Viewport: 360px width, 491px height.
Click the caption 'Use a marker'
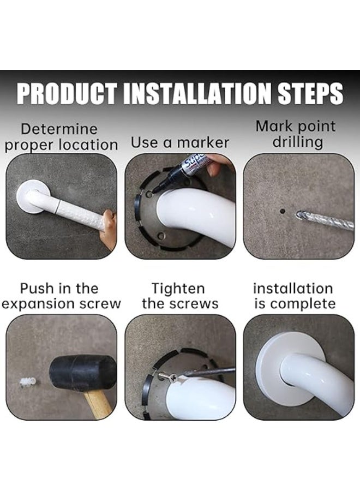[x=180, y=143]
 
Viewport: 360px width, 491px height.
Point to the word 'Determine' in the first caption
[x=59, y=129]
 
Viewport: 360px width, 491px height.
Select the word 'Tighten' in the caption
[x=178, y=289]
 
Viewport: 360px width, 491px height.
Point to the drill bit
[x=325, y=220]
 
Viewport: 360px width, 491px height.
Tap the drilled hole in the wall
[x=283, y=210]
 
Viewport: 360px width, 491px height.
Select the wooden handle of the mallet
[x=98, y=403]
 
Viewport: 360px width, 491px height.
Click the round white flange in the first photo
[x=31, y=197]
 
